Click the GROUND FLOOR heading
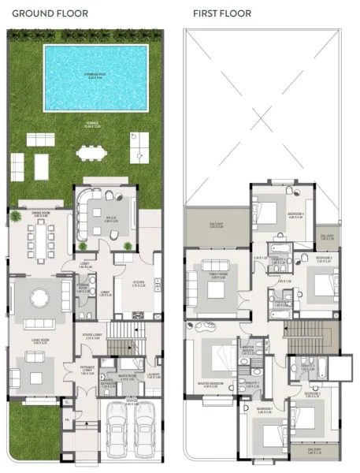click(x=50, y=13)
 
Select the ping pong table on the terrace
click(x=139, y=147)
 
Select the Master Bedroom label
click(x=213, y=385)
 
